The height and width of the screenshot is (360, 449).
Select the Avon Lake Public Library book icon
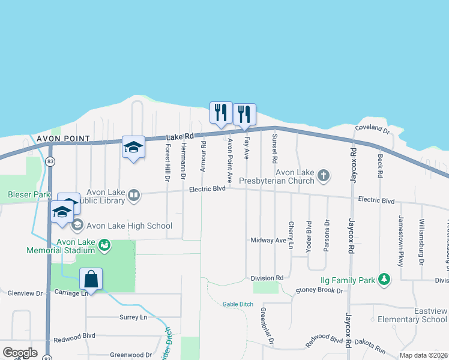(135, 194)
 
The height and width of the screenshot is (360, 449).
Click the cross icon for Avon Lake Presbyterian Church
(324, 176)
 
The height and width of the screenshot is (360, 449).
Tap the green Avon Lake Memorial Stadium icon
(105, 245)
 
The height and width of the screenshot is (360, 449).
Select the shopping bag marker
(91, 279)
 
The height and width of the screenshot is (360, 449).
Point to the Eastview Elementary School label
(414, 315)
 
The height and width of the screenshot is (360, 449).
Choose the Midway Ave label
(268, 240)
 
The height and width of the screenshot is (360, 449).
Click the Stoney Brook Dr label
(318, 291)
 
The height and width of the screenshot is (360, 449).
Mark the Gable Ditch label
(238, 304)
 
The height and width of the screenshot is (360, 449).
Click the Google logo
(20, 353)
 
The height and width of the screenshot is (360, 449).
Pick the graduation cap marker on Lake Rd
(133, 147)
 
